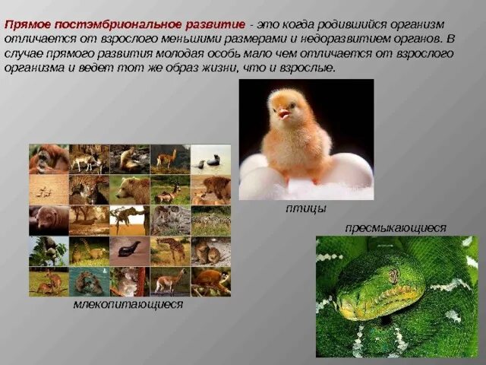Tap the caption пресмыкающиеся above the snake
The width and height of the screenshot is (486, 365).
point(395,227)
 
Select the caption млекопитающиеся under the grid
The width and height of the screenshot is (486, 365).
point(128,304)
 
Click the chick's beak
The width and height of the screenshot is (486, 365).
point(283,114)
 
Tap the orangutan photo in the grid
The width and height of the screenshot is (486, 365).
point(49,159)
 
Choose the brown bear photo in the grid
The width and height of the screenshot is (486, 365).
point(129,189)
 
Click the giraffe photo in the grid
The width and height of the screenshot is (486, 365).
point(169,250)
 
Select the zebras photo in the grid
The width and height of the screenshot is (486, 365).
point(210,220)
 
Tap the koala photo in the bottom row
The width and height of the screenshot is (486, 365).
point(129,281)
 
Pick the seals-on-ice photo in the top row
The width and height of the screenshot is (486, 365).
point(210,159)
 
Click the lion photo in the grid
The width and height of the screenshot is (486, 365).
point(210,189)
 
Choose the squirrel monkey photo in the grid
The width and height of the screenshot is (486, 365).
point(210,281)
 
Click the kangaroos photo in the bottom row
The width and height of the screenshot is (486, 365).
point(49,281)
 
